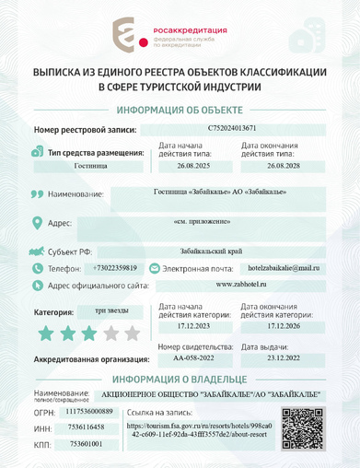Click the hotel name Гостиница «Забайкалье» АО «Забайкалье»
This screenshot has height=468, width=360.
[x=222, y=192]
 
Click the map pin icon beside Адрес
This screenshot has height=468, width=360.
[x=37, y=223]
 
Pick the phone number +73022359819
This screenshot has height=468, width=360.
[x=115, y=267]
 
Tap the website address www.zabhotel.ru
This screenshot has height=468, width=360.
[x=242, y=285]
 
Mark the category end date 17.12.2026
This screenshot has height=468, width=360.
[x=284, y=326]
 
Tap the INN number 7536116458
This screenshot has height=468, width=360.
[x=87, y=427]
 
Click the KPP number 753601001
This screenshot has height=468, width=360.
[x=87, y=444]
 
